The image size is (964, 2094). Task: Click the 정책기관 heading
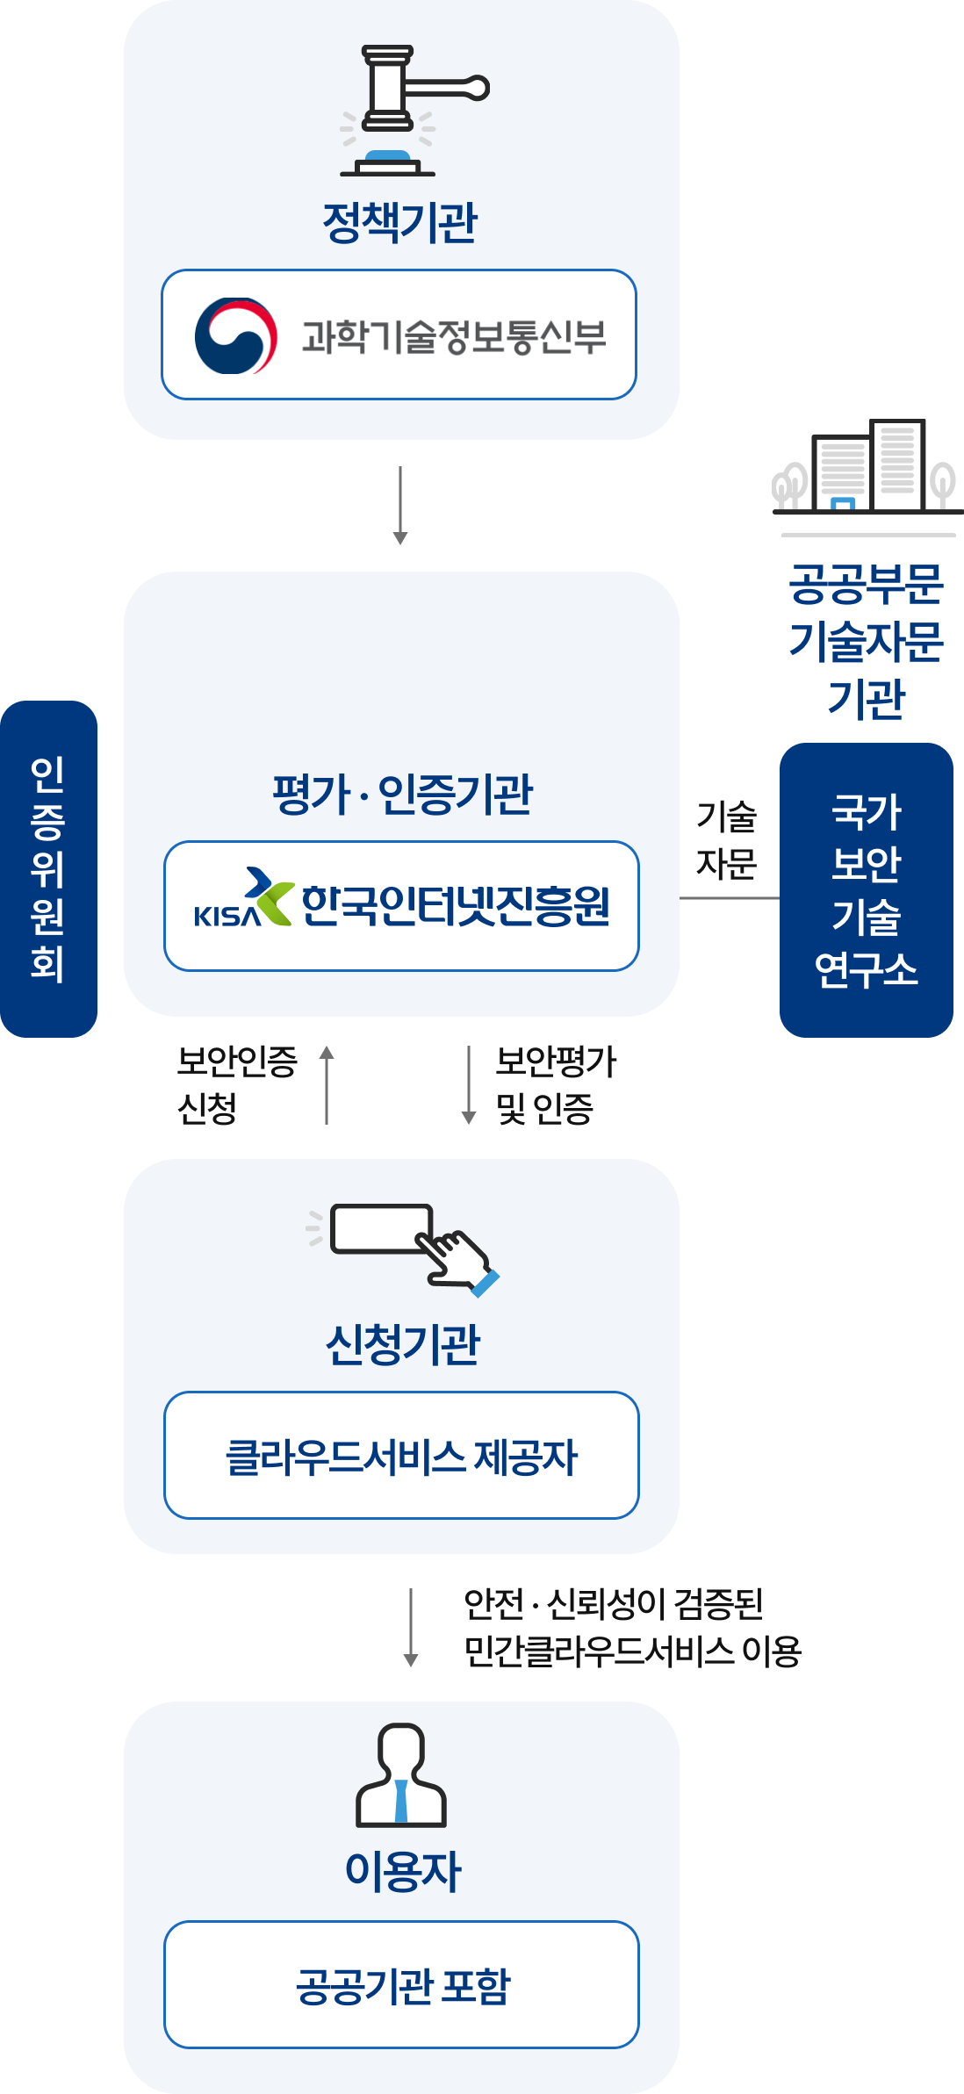399,222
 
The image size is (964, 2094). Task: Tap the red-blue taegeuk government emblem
235,336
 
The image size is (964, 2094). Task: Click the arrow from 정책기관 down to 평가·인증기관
400,506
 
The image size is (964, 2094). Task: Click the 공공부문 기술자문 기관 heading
866,641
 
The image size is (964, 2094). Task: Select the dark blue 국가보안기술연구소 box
866,889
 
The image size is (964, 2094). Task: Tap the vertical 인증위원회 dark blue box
48,868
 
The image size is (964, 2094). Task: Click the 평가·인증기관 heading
402,795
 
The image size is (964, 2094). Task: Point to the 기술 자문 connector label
726,839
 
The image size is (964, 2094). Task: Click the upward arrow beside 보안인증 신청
327,1084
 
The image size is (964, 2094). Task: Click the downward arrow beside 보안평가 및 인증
469,1084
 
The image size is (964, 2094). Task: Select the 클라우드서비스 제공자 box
401,1455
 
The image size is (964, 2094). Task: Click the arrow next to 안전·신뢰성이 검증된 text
410,1627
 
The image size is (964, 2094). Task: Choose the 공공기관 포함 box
401,1984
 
